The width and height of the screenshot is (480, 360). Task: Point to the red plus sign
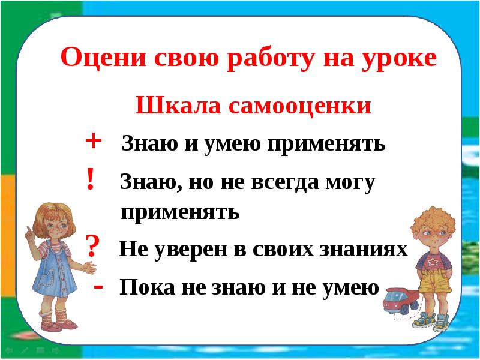point(94,141)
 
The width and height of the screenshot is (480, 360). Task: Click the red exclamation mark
point(90,178)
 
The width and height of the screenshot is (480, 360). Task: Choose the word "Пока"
point(144,288)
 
